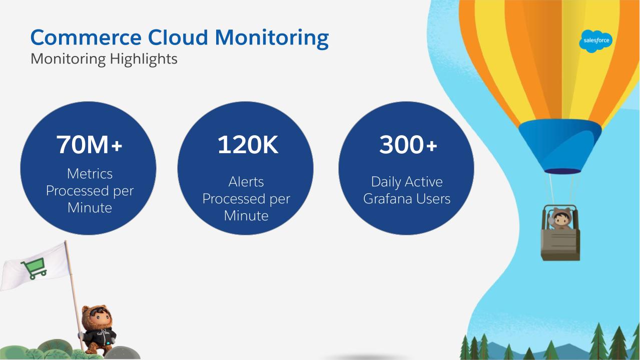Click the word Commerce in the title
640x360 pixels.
(x=86, y=38)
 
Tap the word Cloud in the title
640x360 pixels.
(x=178, y=38)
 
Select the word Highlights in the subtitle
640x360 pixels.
(x=144, y=60)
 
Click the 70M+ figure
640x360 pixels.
(x=89, y=145)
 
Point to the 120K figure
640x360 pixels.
(x=247, y=145)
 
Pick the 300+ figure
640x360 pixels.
(x=408, y=145)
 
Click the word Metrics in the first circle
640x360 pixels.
(x=90, y=174)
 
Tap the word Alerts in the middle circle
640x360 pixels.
(x=246, y=182)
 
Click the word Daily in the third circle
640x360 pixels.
(x=387, y=182)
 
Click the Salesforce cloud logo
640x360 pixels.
(x=595, y=41)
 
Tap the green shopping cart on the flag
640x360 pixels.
(x=34, y=268)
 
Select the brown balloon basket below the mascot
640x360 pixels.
(x=560, y=244)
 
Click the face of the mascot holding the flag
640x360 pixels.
(x=99, y=317)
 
